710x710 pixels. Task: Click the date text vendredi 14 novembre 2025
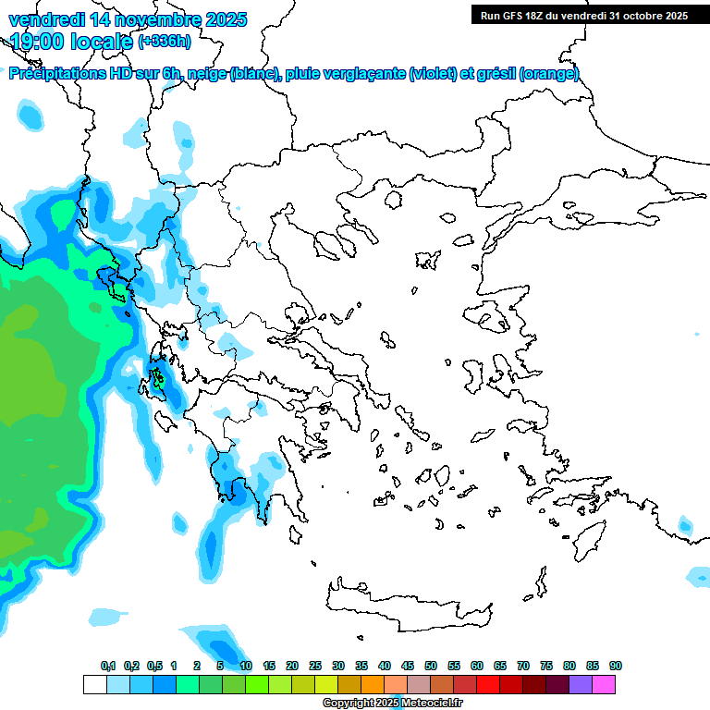128,19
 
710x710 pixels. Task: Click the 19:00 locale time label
71,42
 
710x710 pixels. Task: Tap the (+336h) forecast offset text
165,42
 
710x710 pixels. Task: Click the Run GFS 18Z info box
584,15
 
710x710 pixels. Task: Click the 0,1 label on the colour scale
108,666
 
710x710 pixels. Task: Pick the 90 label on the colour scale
616,666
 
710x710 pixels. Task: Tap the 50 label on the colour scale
431,666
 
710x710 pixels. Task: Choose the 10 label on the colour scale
246,666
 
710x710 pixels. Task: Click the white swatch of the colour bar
95,684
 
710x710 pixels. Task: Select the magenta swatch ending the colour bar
604,684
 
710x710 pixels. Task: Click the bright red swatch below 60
488,684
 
